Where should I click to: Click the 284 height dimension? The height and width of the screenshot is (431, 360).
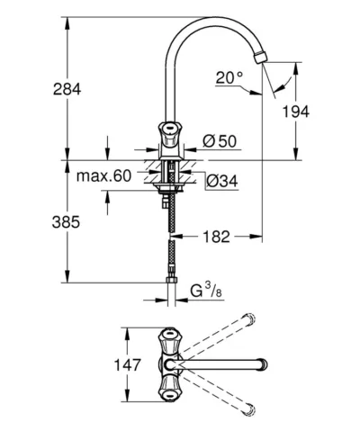click(x=67, y=89)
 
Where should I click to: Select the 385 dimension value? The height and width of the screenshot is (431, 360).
click(x=66, y=222)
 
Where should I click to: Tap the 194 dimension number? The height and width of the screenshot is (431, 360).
click(x=296, y=112)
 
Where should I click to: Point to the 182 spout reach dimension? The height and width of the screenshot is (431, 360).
click(x=217, y=237)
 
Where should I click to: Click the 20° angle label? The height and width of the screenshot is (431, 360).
click(x=229, y=77)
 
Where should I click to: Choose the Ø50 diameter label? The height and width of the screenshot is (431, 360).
click(x=220, y=141)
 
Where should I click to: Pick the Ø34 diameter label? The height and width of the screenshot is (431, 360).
click(x=222, y=181)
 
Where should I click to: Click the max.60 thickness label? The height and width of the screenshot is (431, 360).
click(x=103, y=175)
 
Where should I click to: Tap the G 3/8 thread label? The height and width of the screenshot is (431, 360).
click(x=206, y=291)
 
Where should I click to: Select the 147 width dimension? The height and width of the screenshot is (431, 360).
click(x=127, y=365)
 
